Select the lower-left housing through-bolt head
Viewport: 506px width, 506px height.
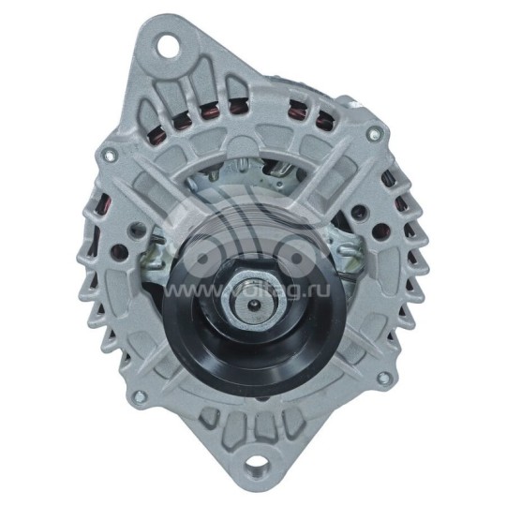(136, 394)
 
